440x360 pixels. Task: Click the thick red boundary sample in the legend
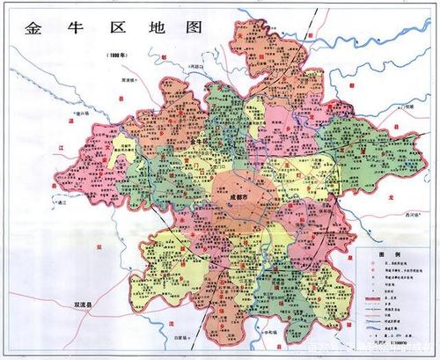point(373,301)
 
